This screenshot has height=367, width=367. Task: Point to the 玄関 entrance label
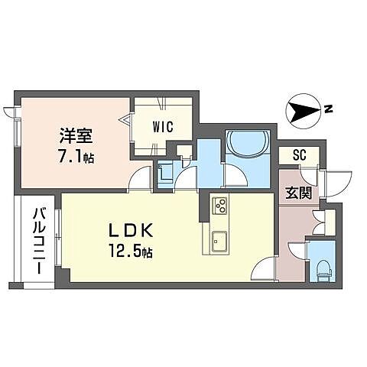click(x=299, y=193)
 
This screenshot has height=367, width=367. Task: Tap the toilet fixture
click(x=323, y=265)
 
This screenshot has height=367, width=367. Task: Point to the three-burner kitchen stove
click(x=220, y=206)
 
